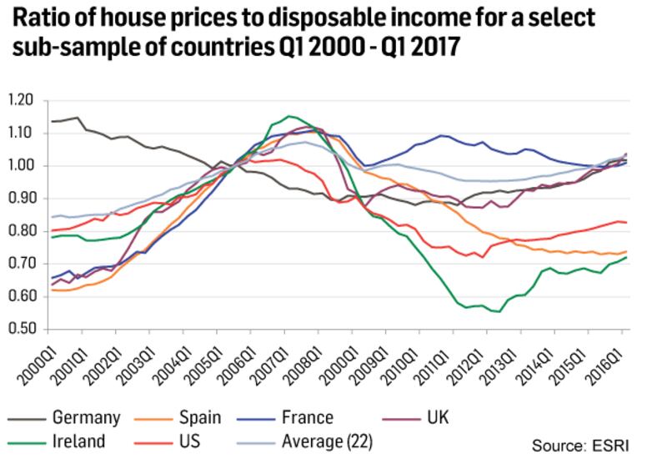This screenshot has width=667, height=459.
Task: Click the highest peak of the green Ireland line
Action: [288, 116]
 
